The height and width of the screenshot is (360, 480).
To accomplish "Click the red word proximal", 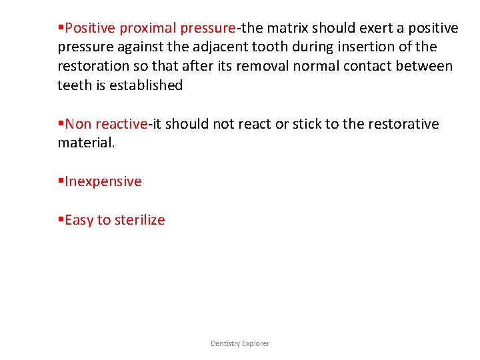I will [148, 28].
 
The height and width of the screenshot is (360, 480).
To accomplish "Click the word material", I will [86, 143].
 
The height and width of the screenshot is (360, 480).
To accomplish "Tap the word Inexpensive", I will [103, 181].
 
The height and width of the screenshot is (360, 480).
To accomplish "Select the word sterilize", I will [140, 220].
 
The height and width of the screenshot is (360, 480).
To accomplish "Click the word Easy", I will [79, 220].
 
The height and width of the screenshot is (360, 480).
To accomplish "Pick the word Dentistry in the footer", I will [225, 343].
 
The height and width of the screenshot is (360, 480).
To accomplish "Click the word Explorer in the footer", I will [256, 343].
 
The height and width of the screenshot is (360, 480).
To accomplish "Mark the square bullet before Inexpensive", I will [61, 181].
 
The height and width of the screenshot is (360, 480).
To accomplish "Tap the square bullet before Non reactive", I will [61, 124].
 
